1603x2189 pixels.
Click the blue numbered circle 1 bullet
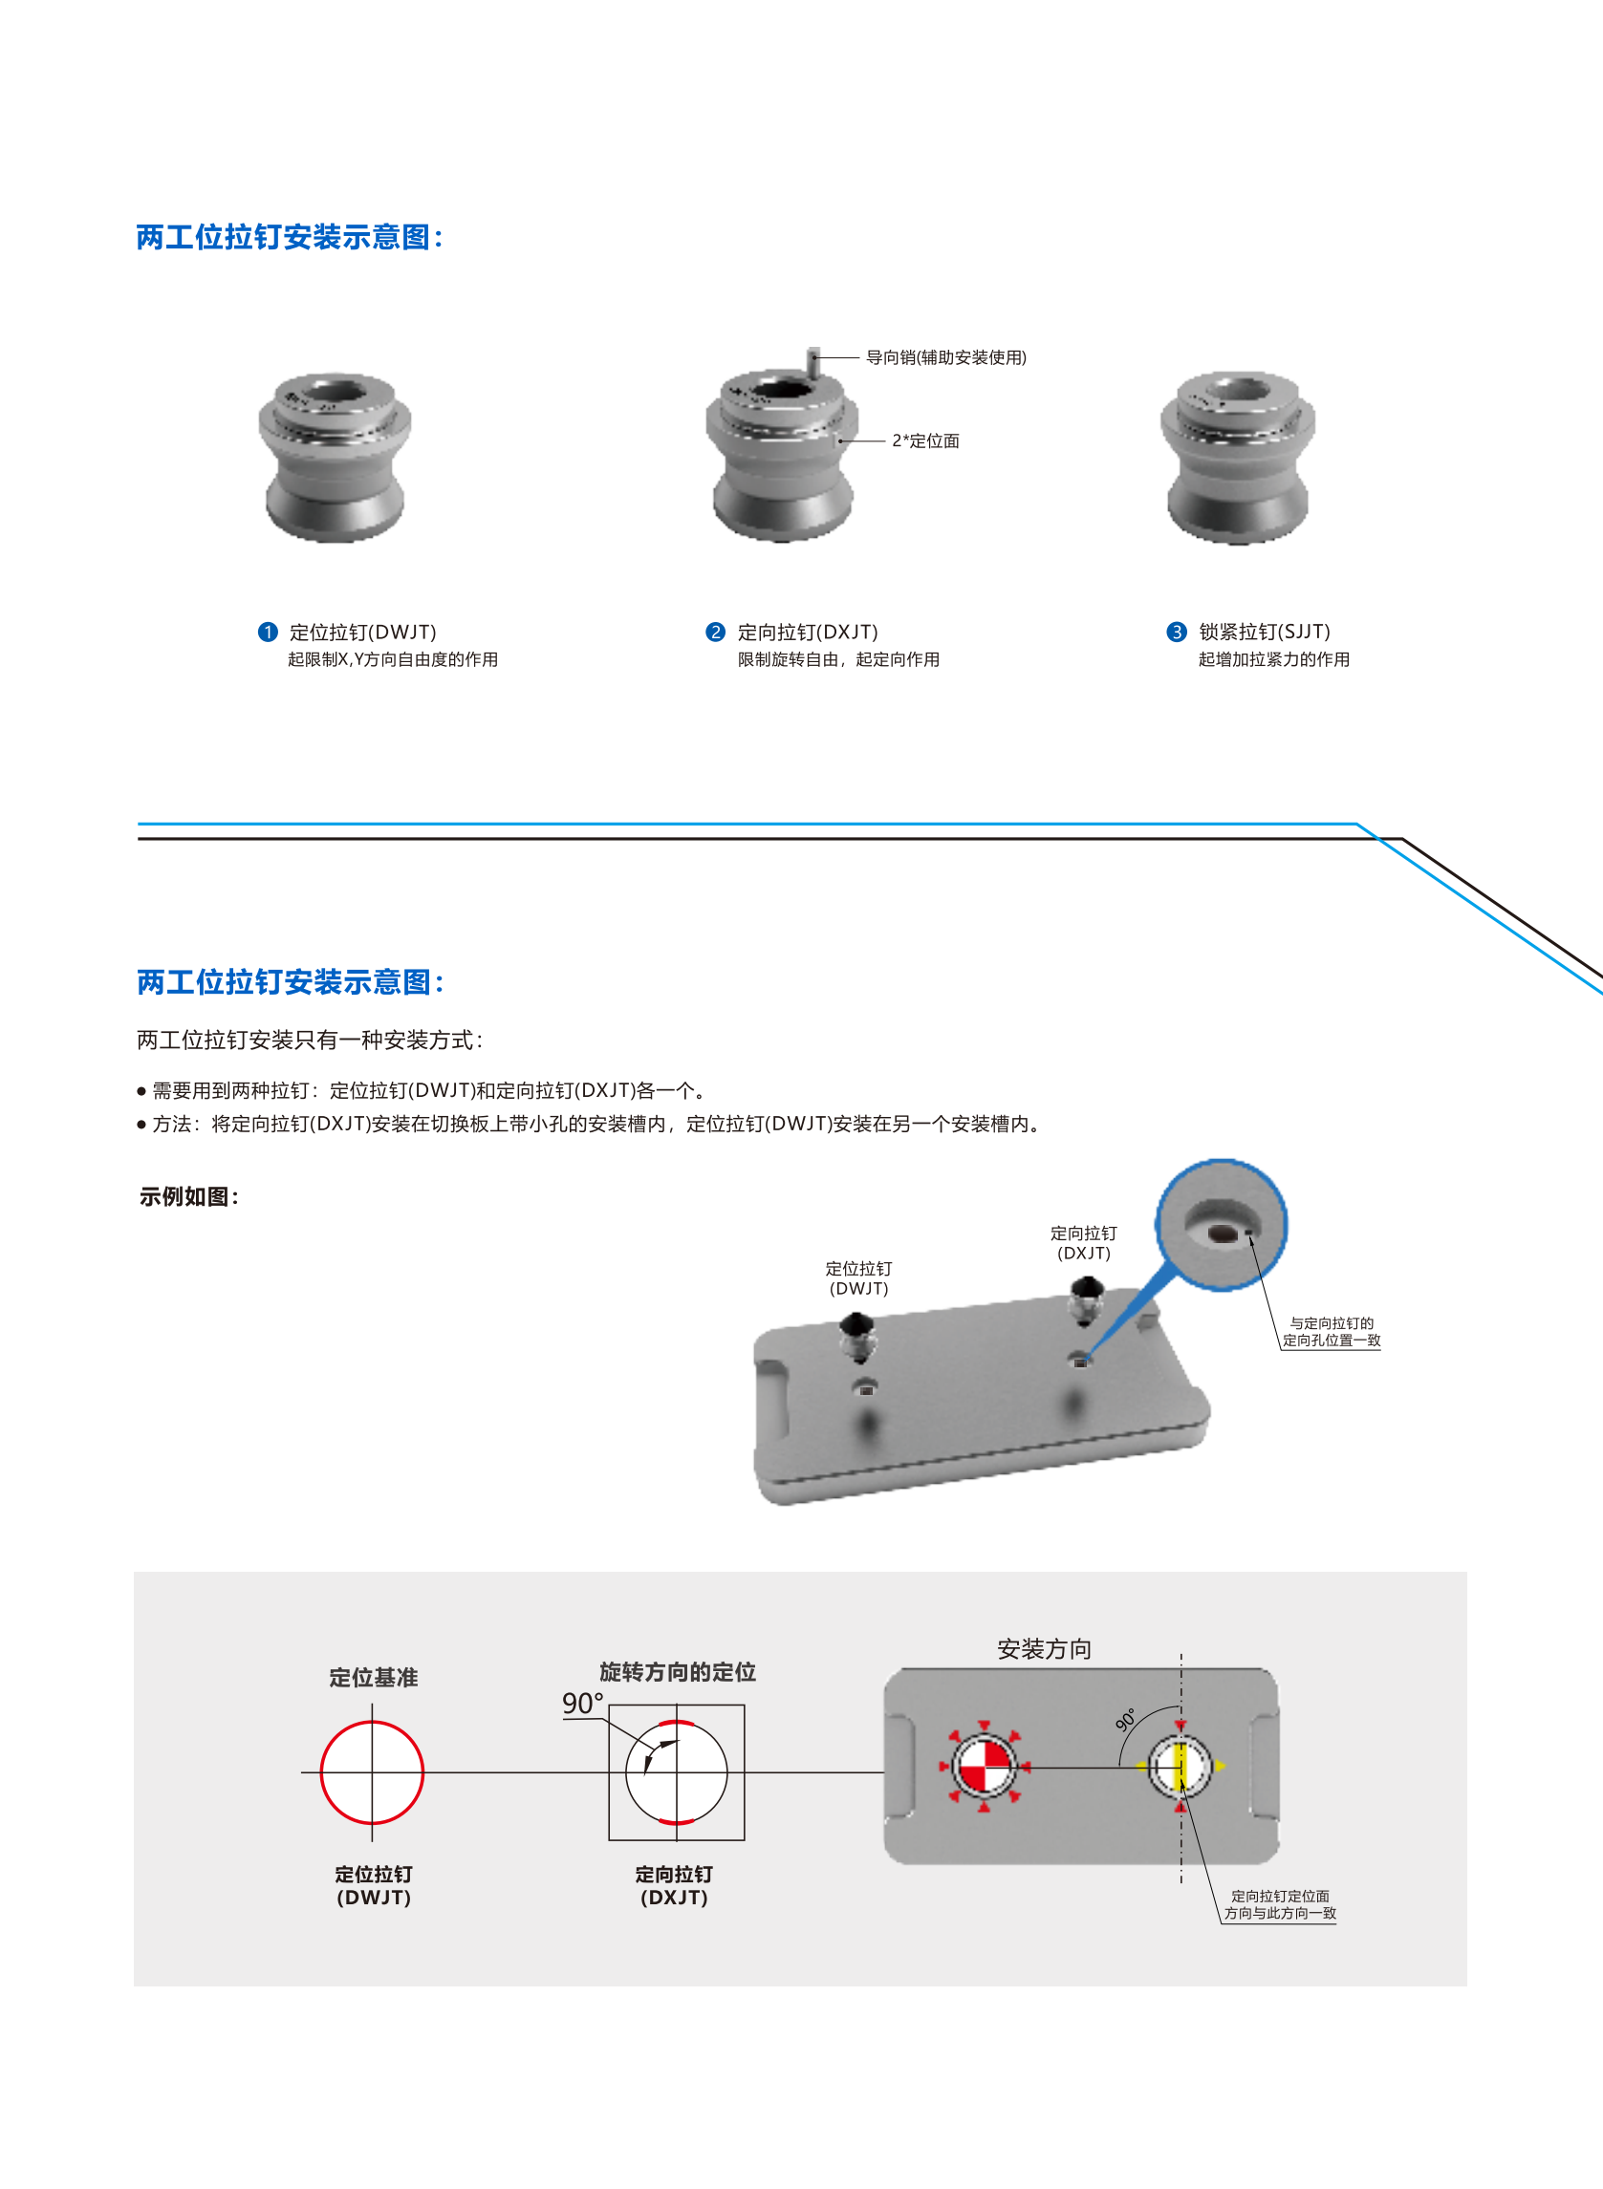click(x=268, y=633)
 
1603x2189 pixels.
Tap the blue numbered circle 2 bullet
click(x=715, y=633)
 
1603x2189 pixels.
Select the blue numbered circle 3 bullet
click(x=1176, y=633)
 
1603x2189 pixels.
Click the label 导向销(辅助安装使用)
click(x=946, y=358)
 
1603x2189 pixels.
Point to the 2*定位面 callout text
click(x=925, y=441)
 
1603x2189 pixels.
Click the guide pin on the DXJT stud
click(x=813, y=361)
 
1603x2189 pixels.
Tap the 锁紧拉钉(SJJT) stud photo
click(x=1238, y=457)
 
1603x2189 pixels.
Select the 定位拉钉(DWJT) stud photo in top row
click(x=335, y=457)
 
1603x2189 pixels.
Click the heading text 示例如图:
click(x=189, y=1197)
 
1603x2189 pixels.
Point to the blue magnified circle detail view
click(x=1222, y=1225)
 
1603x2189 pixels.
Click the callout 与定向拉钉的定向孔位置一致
click(x=1332, y=1332)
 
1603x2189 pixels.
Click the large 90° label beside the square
click(x=582, y=1703)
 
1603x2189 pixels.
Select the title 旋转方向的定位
click(x=678, y=1672)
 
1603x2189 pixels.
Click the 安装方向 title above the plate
click(x=1044, y=1649)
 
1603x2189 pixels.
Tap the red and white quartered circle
click(x=984, y=1766)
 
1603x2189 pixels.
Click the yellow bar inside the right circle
click(x=1181, y=1766)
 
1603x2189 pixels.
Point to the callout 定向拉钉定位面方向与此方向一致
click(x=1280, y=1905)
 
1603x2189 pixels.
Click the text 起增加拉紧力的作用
click(x=1274, y=659)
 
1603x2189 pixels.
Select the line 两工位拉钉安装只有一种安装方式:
click(x=310, y=1040)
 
